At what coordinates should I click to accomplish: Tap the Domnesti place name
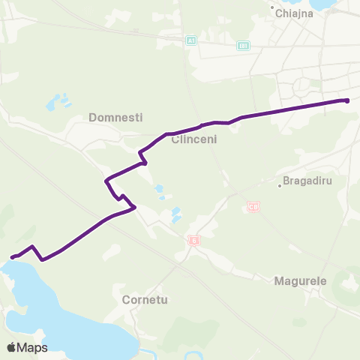pyautogui.click(x=115, y=117)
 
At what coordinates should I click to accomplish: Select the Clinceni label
pyautogui.click(x=193, y=139)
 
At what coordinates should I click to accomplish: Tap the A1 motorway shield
pyautogui.click(x=191, y=40)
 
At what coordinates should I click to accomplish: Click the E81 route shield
pyautogui.click(x=242, y=46)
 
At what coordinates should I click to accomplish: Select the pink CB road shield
pyautogui.click(x=253, y=206)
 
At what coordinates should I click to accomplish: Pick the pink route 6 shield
pyautogui.click(x=194, y=241)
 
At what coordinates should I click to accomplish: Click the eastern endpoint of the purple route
pyautogui.click(x=346, y=100)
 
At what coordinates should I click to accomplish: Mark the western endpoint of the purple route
pyautogui.click(x=12, y=258)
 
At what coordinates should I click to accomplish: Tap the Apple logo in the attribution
pyautogui.click(x=12, y=347)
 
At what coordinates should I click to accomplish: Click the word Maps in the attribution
pyautogui.click(x=34, y=347)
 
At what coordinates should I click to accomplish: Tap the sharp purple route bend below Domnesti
pyautogui.click(x=107, y=180)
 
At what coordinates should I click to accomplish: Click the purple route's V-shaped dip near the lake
pyautogui.click(x=43, y=259)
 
